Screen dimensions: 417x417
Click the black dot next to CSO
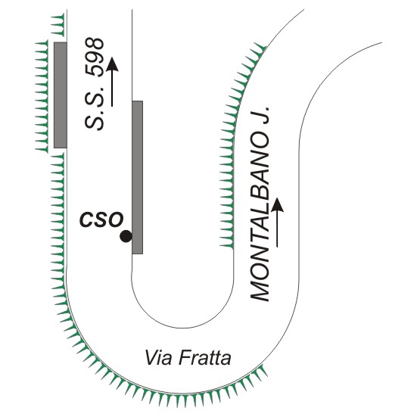pyautogui.click(x=126, y=236)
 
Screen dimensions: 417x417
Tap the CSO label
pyautogui.click(x=101, y=219)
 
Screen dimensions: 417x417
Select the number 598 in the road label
pyautogui.click(x=94, y=58)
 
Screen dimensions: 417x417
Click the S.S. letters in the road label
pyautogui.click(x=94, y=107)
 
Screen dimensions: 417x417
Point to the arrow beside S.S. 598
pyautogui.click(x=112, y=82)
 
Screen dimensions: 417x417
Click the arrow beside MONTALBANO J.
pyautogui.click(x=277, y=223)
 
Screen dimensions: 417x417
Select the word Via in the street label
pyautogui.click(x=158, y=358)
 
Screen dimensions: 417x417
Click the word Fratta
pyautogui.click(x=204, y=358)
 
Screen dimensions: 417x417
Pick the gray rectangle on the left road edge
pyautogui.click(x=61, y=95)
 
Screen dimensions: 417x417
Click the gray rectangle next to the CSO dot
pyautogui.click(x=138, y=177)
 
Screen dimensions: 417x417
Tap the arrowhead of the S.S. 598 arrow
pyautogui.click(x=112, y=64)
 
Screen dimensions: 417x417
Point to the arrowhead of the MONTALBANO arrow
pyautogui.click(x=277, y=205)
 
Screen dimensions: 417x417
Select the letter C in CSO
pyautogui.click(x=86, y=219)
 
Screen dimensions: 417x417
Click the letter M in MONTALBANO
pyautogui.click(x=260, y=291)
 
